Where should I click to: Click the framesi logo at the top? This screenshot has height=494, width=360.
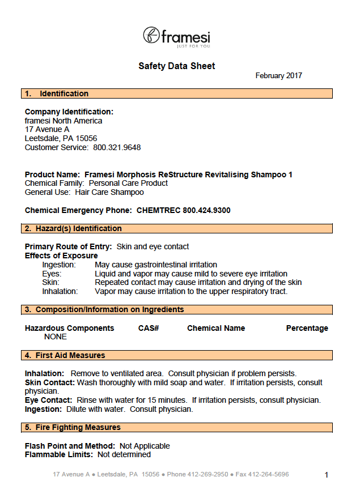coord(176,37)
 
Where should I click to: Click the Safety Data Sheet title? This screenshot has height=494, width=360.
coord(177,66)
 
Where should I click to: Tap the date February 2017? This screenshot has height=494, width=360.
coord(278,75)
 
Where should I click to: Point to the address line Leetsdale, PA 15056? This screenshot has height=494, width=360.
coord(61,138)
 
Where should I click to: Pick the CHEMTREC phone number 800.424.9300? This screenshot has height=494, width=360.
coord(206,210)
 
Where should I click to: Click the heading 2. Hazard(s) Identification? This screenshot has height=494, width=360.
coord(73,228)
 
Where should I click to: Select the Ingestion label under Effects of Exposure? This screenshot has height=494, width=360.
coord(59,265)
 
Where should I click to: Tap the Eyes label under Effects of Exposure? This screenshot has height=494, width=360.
coord(52,274)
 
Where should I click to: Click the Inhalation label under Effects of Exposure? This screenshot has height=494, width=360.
coord(60,291)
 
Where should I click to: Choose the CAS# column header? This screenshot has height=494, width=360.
coord(149,328)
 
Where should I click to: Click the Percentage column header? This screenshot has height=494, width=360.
coord(307,328)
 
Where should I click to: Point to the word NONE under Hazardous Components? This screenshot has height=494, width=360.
coord(56,337)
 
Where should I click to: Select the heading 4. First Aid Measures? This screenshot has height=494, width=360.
coord(65,355)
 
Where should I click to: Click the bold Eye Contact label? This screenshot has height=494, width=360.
coord(49,400)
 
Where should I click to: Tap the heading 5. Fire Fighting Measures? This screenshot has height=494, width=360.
coord(73,427)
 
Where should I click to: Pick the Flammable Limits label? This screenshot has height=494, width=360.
coord(59,454)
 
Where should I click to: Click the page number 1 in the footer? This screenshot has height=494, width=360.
coord(327,475)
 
